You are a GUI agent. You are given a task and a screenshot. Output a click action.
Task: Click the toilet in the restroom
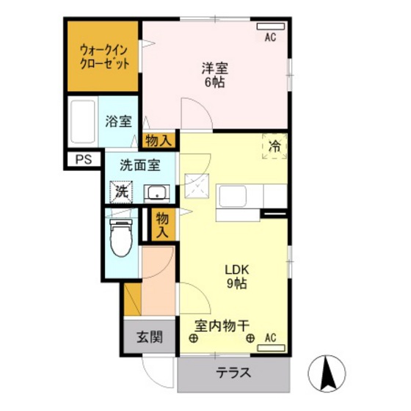coord(121,238)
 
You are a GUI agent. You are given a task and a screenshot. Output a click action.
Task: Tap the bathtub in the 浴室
coord(82,122)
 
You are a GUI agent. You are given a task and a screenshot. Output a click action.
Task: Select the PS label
coord(84,159)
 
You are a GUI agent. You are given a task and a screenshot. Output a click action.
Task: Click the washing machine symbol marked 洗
coord(121,192)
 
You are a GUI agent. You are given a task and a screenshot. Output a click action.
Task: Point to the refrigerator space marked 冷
coord(274,146)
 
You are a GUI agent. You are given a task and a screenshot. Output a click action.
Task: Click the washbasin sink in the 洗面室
coord(157,193)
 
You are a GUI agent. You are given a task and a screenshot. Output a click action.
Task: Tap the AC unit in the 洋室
coord(271,26)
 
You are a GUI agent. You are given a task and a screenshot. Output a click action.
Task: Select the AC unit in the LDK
coord(271,348)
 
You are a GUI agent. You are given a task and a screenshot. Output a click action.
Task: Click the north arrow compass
coord(327,374)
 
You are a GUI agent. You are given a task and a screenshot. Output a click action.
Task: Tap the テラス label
coord(233,373)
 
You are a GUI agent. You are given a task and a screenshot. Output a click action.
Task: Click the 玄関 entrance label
coord(150,337)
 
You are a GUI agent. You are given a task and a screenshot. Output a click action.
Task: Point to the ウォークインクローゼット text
coord(104,57)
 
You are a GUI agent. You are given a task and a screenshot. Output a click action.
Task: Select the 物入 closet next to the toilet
coord(162,225)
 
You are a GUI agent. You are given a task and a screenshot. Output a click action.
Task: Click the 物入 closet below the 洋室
coord(159,141)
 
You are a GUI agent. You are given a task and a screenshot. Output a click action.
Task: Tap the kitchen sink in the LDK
coord(233,197)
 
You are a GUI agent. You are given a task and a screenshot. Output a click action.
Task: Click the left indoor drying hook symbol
coord(193,338)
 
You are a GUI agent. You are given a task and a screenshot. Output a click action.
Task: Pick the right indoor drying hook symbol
coord(250,338)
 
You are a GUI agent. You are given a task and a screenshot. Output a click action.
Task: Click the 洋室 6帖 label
coord(214,75)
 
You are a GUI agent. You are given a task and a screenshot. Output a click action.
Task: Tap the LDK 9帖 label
coord(236,277)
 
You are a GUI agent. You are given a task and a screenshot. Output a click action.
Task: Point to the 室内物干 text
coord(222,326)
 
